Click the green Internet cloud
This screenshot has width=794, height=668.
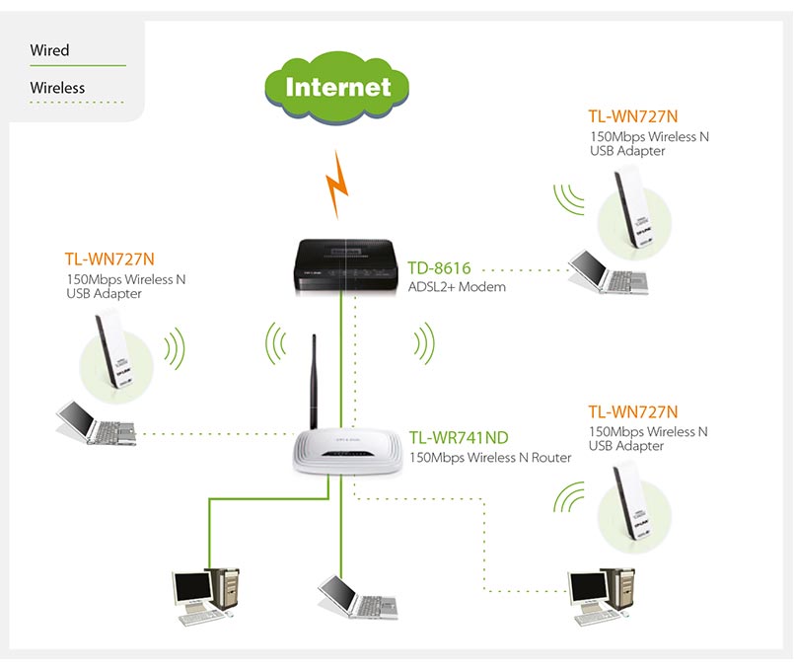pos(337,87)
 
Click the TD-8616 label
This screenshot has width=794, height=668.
pos(440,267)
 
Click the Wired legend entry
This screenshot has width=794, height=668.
pos(50,50)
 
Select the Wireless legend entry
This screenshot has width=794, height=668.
pos(57,88)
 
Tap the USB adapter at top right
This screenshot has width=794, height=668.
pos(631,207)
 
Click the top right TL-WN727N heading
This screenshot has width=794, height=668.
pos(633,116)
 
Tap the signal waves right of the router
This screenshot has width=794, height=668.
pos(425,344)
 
